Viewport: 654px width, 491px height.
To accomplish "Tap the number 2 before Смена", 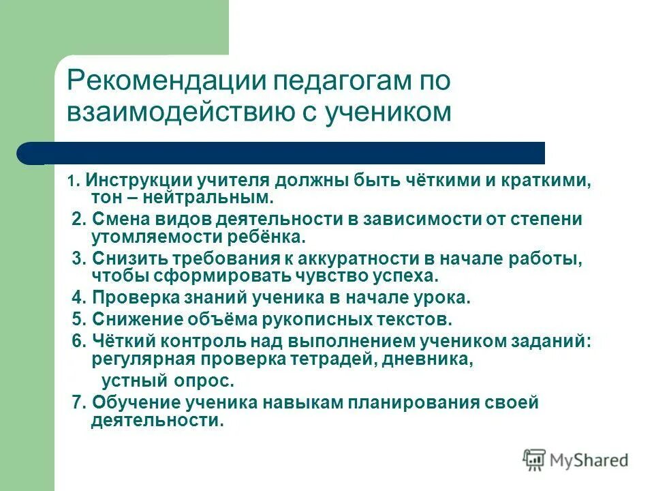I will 77,220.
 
